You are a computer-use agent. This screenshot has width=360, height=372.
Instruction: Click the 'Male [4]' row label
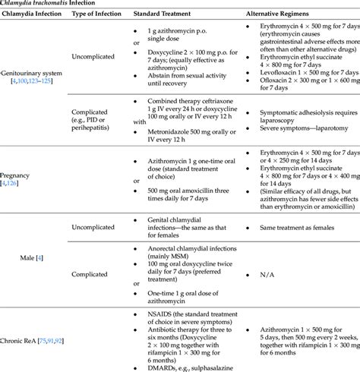tap(34, 258)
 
